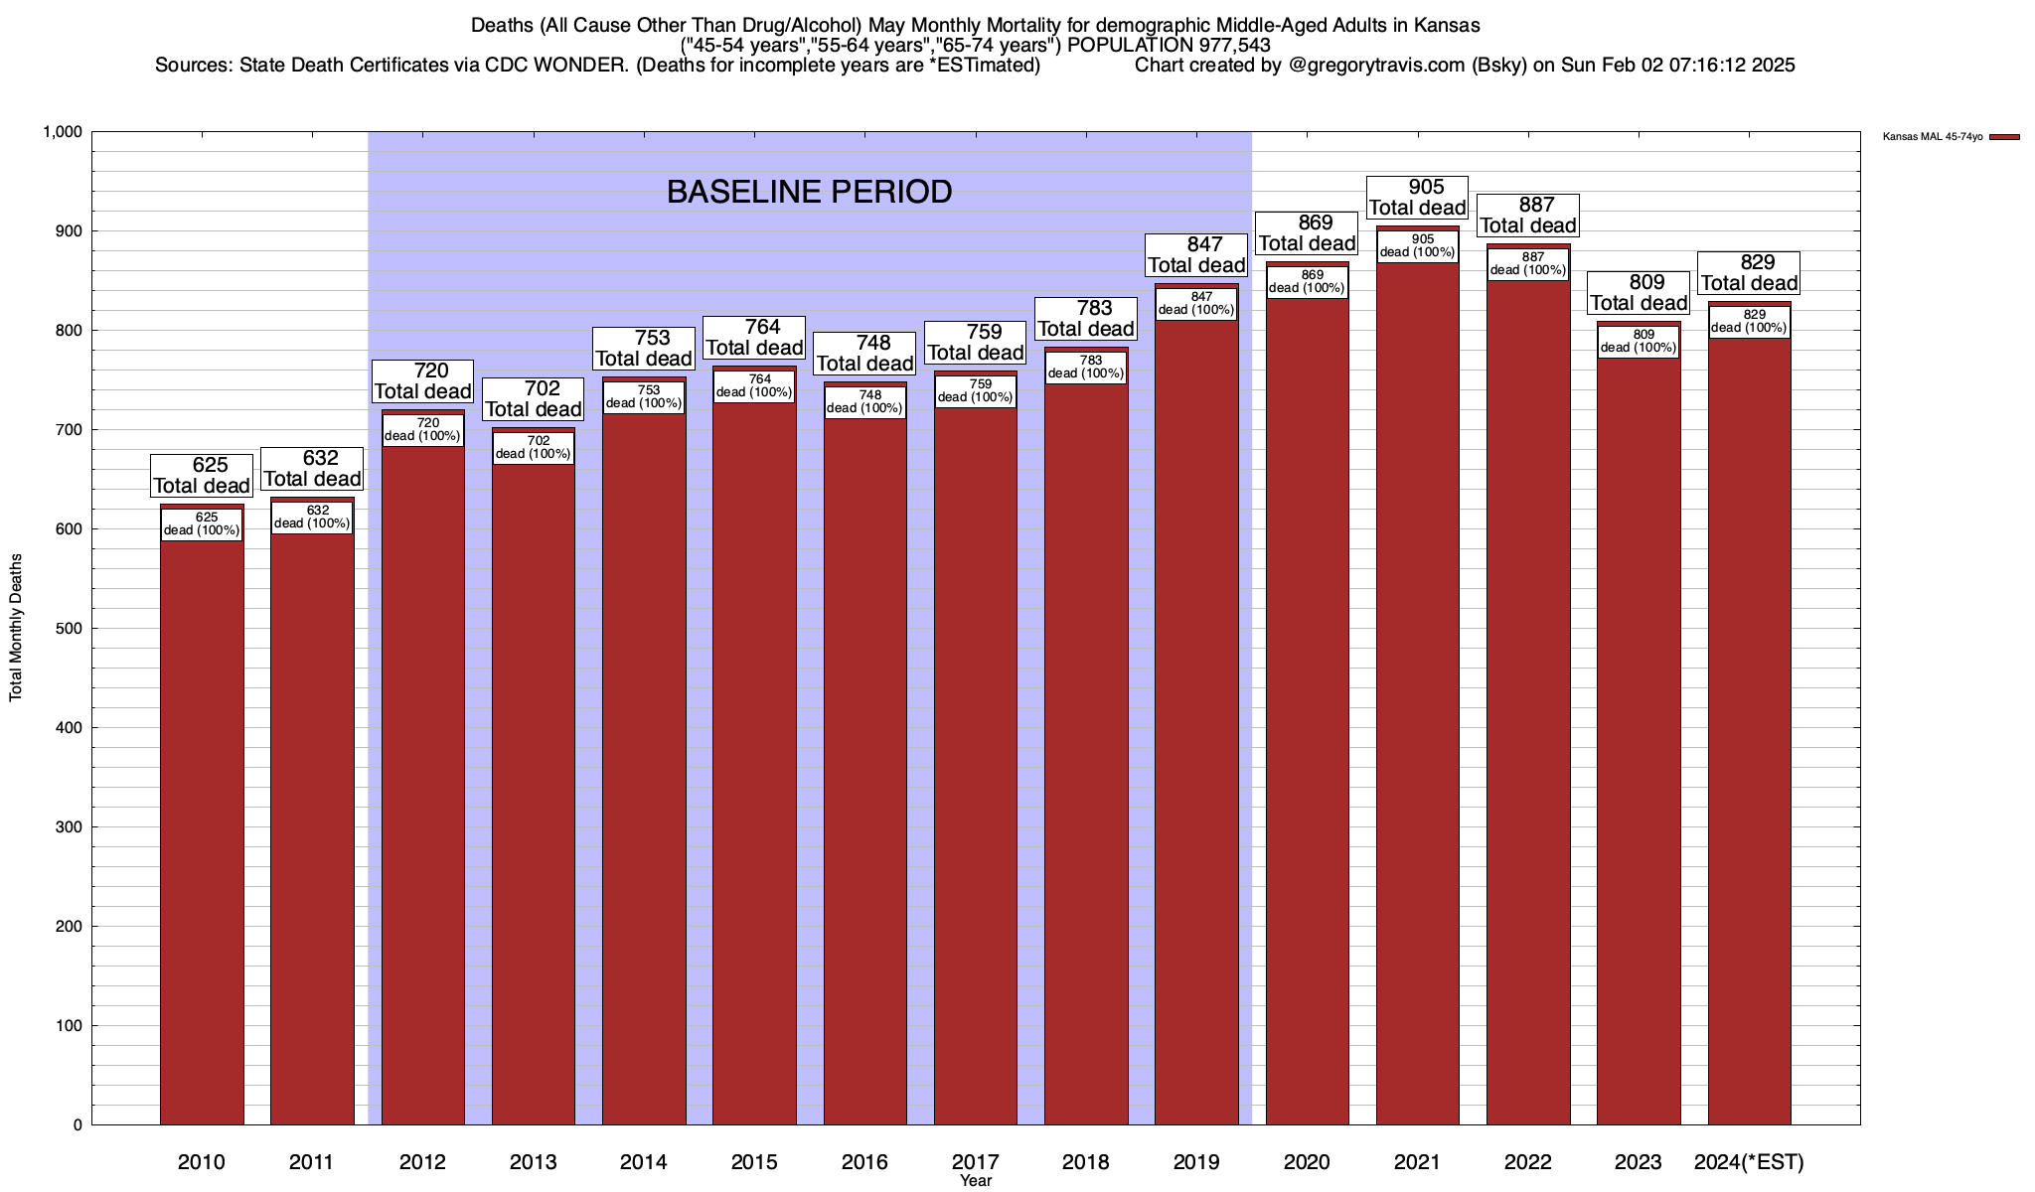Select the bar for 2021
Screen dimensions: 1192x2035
[1417, 695]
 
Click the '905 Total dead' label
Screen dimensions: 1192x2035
[1418, 197]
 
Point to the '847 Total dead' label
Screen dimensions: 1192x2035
[1196, 254]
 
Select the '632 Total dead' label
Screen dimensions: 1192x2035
[312, 468]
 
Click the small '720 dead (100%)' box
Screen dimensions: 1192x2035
[422, 429]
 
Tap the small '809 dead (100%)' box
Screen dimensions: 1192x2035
[1639, 341]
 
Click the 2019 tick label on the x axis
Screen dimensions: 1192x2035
[1196, 1161]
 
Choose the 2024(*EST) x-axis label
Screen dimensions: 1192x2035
[1749, 1161]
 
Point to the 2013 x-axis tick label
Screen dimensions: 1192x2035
[533, 1161]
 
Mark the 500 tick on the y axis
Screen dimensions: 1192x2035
[70, 629]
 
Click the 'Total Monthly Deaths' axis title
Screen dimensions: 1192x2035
[16, 628]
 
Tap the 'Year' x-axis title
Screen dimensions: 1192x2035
[976, 1181]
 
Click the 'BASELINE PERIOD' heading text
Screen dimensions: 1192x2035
[809, 192]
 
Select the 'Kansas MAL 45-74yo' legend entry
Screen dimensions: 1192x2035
[1933, 137]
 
